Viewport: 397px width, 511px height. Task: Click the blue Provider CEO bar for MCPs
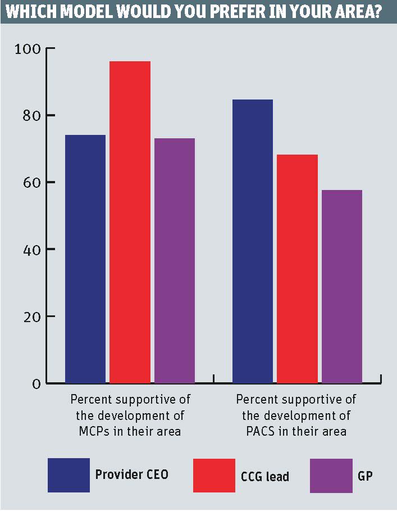tap(85, 259)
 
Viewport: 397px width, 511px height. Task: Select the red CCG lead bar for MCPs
tap(130, 222)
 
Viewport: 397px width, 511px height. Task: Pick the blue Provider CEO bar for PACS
tap(253, 241)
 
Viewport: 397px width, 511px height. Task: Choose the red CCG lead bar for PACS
tap(297, 269)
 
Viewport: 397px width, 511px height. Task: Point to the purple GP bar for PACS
tap(342, 287)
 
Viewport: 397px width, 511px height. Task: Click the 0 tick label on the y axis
tap(35, 384)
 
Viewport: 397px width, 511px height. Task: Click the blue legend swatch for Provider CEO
tap(69, 475)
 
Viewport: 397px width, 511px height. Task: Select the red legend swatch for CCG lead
tap(214, 475)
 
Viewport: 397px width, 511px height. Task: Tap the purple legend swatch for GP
tap(331, 475)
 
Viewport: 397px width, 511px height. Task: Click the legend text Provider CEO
tap(131, 474)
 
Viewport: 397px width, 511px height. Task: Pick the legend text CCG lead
tap(266, 477)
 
